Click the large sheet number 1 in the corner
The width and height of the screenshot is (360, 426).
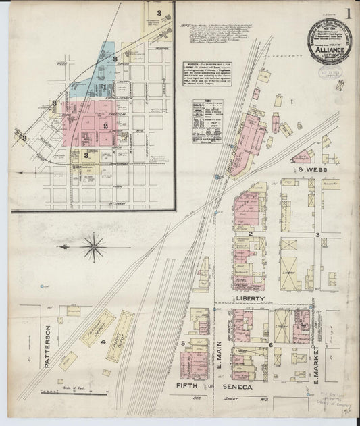[x=349, y=14]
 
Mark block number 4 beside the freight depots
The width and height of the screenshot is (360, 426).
[x=103, y=342]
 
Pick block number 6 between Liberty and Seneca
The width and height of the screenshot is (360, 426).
[x=270, y=345]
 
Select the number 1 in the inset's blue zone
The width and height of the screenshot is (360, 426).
[x=115, y=59]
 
